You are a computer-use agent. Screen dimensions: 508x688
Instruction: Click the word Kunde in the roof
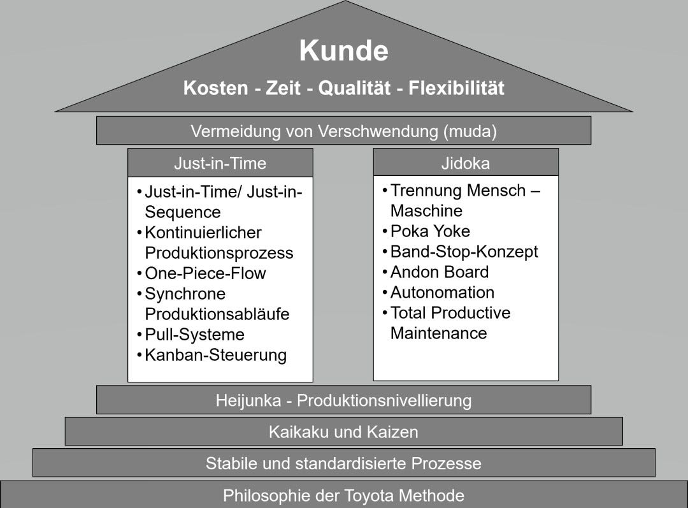pyautogui.click(x=343, y=51)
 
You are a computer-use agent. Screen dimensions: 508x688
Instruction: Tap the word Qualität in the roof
pyautogui.click(x=354, y=88)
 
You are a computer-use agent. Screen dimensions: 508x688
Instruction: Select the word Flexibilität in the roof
pyautogui.click(x=456, y=88)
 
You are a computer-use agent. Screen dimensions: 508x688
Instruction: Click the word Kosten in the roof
pyautogui.click(x=215, y=88)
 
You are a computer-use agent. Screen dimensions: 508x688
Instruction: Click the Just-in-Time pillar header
pyautogui.click(x=220, y=163)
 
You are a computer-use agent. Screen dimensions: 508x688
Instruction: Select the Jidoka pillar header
pyautogui.click(x=465, y=163)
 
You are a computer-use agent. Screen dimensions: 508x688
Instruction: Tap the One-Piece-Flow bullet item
pyautogui.click(x=204, y=273)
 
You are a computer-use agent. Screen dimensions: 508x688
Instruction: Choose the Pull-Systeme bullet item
pyautogui.click(x=194, y=335)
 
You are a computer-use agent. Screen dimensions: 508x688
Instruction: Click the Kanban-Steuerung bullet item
pyautogui.click(x=215, y=355)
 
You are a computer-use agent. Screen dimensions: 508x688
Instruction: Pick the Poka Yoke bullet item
pyautogui.click(x=430, y=231)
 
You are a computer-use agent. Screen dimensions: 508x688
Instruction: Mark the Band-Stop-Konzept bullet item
pyautogui.click(x=464, y=252)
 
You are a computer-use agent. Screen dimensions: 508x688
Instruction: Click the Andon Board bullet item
pyautogui.click(x=440, y=272)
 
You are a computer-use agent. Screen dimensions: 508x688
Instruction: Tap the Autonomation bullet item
pyautogui.click(x=442, y=293)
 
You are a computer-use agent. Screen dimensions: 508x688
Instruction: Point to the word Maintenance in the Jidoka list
pyautogui.click(x=438, y=333)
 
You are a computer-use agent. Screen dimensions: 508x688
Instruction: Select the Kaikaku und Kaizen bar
pyautogui.click(x=343, y=432)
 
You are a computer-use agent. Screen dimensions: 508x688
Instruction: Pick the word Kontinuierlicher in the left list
pyautogui.click(x=203, y=233)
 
